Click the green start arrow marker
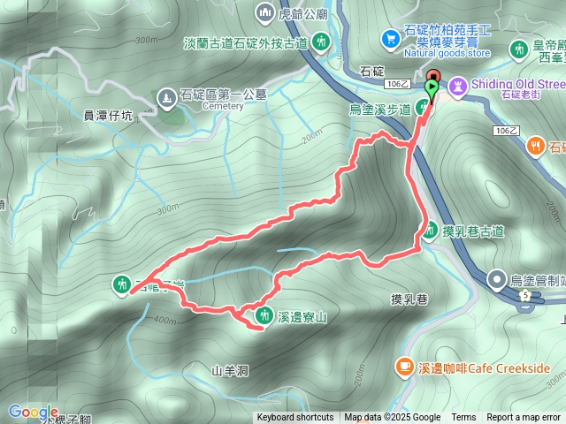(x=432, y=87)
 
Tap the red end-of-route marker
(x=432, y=77)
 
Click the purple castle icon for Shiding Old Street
(x=457, y=85)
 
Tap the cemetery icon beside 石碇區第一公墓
(x=165, y=96)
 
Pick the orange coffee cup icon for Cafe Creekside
(x=404, y=365)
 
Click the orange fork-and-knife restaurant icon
(x=535, y=148)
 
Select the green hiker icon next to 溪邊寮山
(x=263, y=314)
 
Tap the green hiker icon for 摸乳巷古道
(x=429, y=231)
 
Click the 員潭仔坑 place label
(x=108, y=114)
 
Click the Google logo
(x=33, y=412)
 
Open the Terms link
(x=463, y=418)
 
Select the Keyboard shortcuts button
(x=295, y=418)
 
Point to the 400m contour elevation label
(x=165, y=319)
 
